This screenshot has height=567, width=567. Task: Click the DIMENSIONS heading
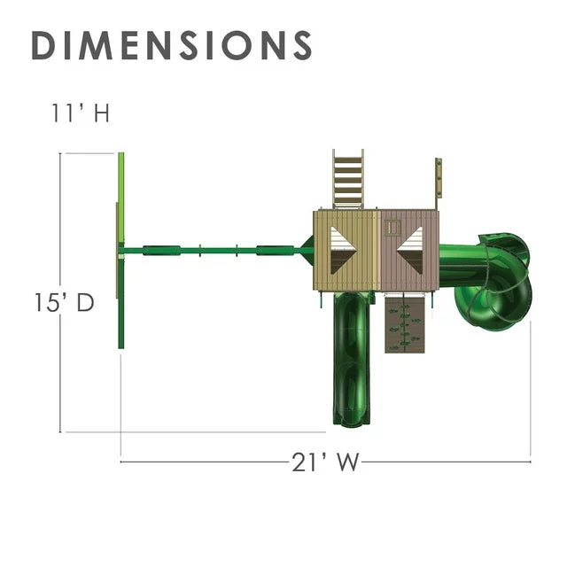point(172,45)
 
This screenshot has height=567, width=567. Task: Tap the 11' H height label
point(81,113)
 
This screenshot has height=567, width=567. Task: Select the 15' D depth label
point(65,302)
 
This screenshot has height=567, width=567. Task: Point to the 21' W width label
point(325,462)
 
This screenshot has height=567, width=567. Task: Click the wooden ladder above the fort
point(348,179)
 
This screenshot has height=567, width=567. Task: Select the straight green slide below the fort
point(351,358)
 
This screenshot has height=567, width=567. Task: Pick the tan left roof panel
point(346,250)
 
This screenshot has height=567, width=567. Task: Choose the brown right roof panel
point(409,250)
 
